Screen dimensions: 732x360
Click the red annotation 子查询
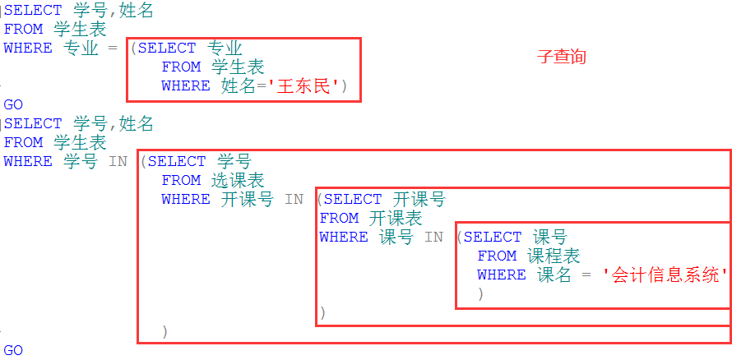coord(561,57)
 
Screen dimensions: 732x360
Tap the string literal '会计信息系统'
coord(666,275)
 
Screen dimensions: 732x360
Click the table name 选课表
coord(238,180)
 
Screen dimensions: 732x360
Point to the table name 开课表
coord(396,218)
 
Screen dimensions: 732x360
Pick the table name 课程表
coord(554,256)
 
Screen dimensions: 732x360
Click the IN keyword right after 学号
coord(118,161)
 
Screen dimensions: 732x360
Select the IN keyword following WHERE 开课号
coord(294,199)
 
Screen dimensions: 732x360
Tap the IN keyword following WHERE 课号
coord(433,237)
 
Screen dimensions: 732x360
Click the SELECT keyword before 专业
coord(167,48)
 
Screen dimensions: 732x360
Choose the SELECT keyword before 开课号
coord(354,199)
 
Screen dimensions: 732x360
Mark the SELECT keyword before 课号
coord(493,237)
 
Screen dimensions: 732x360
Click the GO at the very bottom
coord(13,350)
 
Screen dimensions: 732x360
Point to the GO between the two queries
coord(13,105)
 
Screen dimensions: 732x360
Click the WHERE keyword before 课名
coord(501,275)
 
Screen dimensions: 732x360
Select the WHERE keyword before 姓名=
coord(185,85)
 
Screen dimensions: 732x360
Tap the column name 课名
coord(554,275)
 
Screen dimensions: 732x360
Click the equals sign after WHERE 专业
coord(114,48)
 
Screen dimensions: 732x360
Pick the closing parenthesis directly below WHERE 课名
coord(480,293)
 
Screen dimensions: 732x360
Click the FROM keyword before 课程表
coord(497,256)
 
